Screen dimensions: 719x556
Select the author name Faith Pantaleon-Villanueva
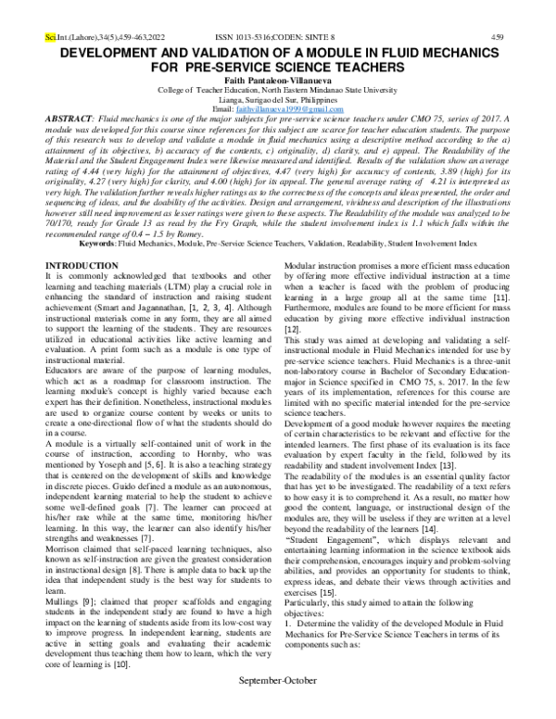[x=278, y=81]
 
